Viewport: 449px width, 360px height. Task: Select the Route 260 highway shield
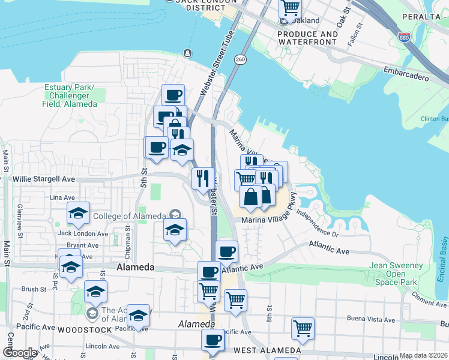pyautogui.click(x=241, y=59)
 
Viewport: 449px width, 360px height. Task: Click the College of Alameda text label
pyautogui.click(x=138, y=216)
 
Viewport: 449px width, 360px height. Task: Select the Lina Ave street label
pyautogui.click(x=63, y=197)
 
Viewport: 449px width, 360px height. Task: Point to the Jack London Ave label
pyautogui.click(x=83, y=233)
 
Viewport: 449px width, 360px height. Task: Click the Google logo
pyautogui.click(x=20, y=353)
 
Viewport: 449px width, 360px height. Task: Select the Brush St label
pyautogui.click(x=34, y=289)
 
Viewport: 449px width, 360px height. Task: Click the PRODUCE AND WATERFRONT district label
pyautogui.click(x=316, y=38)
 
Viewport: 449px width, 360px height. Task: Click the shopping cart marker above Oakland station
pyautogui.click(x=290, y=8)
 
